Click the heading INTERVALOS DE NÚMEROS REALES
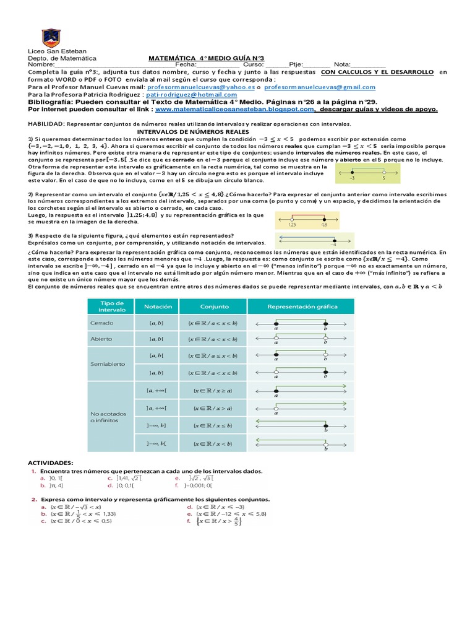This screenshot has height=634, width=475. pyautogui.click(x=192, y=132)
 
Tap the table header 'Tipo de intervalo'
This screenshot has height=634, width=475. pyautogui.click(x=113, y=306)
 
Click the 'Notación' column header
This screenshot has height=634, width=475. pyautogui.click(x=158, y=306)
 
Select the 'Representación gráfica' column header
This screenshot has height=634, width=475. pyautogui.click(x=302, y=306)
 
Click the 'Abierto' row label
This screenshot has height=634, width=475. pyautogui.click(x=102, y=339)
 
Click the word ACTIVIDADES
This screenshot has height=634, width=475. pyautogui.click(x=52, y=462)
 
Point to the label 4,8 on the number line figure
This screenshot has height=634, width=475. pyautogui.click(x=323, y=225)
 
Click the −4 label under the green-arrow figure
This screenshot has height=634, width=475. pyautogui.click(x=333, y=244)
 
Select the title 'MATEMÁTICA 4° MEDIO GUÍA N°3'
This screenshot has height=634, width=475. pyautogui.click(x=207, y=58)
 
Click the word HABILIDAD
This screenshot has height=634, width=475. pyautogui.click(x=46, y=124)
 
